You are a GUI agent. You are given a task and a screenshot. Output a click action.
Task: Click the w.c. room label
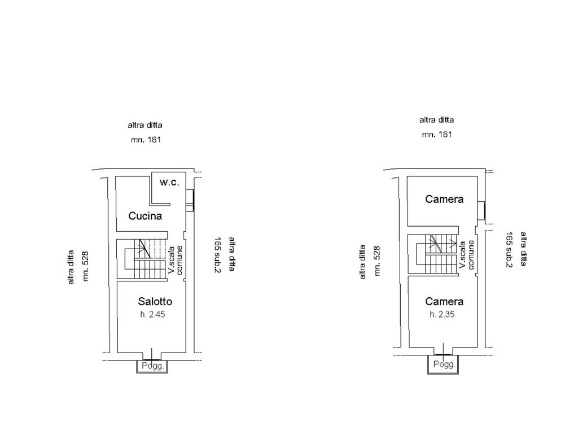pos(169,183)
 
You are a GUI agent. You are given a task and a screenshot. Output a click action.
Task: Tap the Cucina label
pos(145,215)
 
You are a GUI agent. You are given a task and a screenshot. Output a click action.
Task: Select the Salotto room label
pos(155,301)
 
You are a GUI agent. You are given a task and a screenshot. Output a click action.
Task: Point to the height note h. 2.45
pos(153,314)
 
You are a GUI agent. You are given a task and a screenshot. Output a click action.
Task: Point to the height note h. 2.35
pos(442,314)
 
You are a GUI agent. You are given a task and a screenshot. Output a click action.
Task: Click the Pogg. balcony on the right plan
pos(444,365)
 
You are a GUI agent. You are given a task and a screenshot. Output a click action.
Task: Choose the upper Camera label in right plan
pos(444,199)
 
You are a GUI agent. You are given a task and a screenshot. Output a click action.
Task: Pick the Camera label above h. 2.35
pos(444,301)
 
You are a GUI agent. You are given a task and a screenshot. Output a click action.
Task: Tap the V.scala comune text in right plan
pos(466,255)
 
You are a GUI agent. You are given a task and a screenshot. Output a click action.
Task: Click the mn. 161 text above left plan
pos(146,139)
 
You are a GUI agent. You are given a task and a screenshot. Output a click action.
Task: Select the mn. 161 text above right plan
pos(437,134)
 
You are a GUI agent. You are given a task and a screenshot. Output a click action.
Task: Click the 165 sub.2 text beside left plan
pos(217,255)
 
